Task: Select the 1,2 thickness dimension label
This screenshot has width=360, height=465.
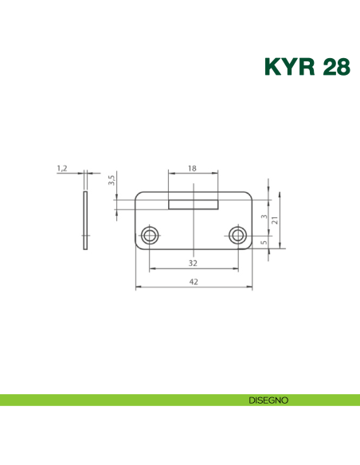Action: pos(62,168)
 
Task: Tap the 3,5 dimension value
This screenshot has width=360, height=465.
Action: pos(112,179)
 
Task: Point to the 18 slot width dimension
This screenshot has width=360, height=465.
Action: pos(193,169)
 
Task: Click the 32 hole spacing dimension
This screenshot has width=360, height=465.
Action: pos(193,263)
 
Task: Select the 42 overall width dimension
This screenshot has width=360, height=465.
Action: pos(193,282)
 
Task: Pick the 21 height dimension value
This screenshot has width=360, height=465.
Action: pos(275,221)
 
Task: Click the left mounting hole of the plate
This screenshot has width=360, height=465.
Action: pos(149,235)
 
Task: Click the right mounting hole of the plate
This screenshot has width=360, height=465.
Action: pos(237,235)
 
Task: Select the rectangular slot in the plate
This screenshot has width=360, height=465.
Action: pos(194,205)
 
